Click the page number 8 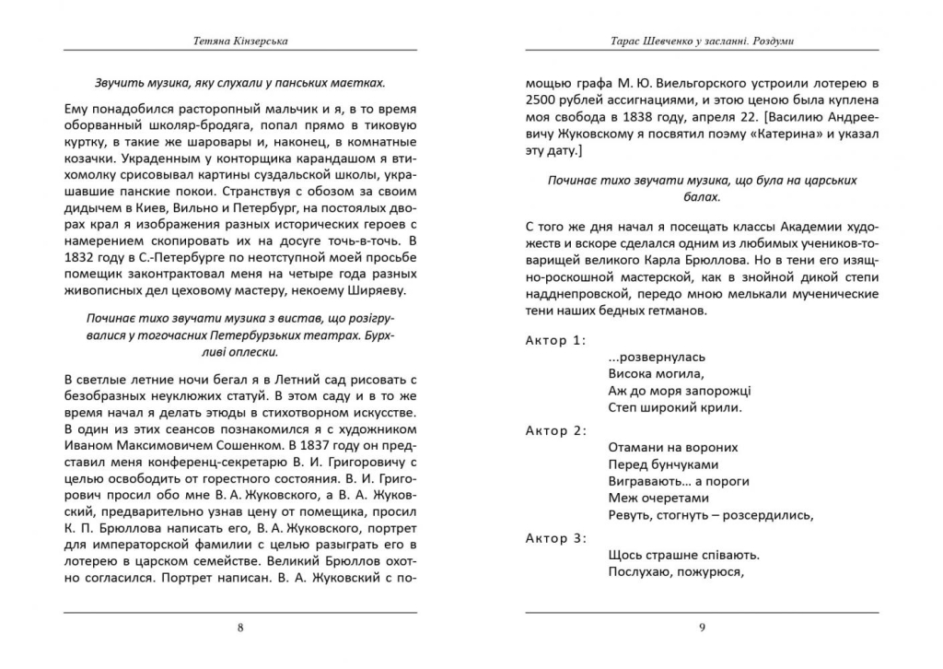[x=240, y=628]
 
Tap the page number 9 [x=702, y=628]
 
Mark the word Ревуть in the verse [x=629, y=515]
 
